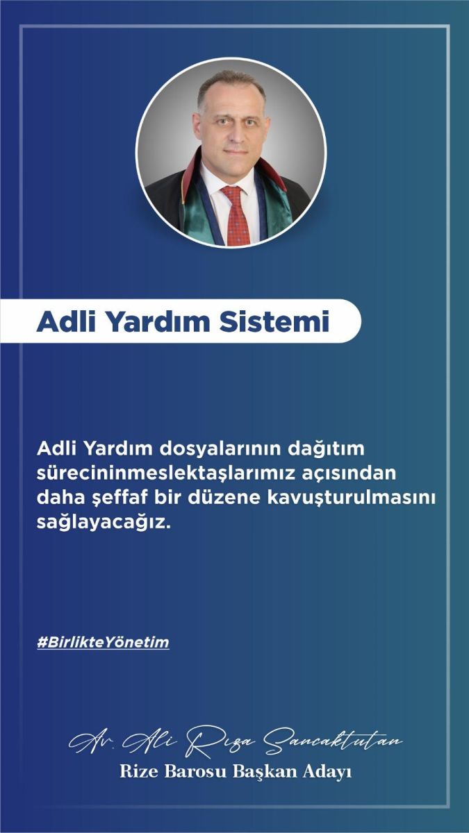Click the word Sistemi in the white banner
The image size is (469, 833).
274,321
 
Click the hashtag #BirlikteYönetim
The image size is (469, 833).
103,642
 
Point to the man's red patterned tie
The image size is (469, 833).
236,216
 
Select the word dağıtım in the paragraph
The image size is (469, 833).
330,450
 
